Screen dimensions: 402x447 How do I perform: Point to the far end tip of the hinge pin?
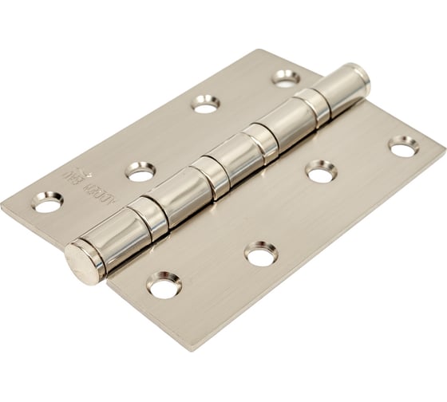click(362, 75)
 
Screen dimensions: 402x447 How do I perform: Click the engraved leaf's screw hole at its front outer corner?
click(47, 203)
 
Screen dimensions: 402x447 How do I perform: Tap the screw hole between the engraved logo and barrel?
click(140, 170)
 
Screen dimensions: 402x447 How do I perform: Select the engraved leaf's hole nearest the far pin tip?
click(285, 78)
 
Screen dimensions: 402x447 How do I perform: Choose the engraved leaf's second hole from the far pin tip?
click(206, 103)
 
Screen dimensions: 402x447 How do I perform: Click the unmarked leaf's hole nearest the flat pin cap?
click(164, 286)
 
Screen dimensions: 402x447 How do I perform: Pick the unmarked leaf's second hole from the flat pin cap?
click(261, 254)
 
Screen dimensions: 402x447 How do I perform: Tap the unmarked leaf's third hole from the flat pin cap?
click(321, 171)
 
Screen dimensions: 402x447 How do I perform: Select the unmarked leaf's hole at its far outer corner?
click(404, 146)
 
